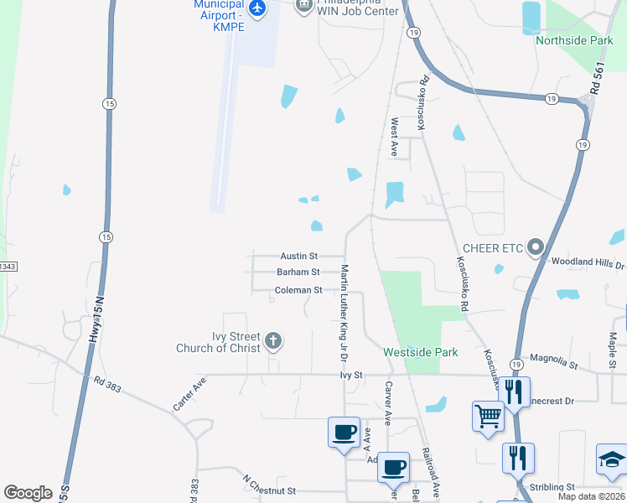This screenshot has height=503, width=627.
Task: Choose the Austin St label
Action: pyautogui.click(x=299, y=256)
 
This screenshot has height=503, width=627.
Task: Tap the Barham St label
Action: pyautogui.click(x=298, y=272)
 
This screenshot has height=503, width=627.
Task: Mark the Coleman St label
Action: pyautogui.click(x=298, y=290)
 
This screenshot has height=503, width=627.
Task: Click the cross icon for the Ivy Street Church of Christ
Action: pyautogui.click(x=272, y=341)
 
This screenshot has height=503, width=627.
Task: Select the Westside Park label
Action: pyautogui.click(x=421, y=352)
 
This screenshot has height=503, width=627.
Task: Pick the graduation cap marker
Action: pyautogui.click(x=611, y=459)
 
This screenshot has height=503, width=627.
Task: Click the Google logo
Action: pyautogui.click(x=28, y=493)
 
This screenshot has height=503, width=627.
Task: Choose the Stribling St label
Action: pyautogui.click(x=552, y=486)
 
